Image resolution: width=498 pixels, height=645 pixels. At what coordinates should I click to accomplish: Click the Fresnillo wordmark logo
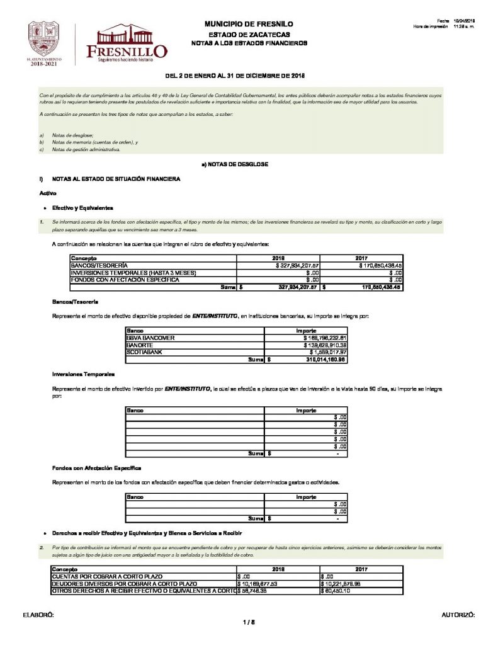132,45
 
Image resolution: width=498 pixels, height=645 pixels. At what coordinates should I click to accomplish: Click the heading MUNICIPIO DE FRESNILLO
249,24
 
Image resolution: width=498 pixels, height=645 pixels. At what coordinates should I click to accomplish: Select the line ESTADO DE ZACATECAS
249,33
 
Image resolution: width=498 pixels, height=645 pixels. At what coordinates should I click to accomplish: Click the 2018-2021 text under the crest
43,64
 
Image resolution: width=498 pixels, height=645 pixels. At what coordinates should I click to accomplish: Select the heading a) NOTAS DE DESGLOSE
235,164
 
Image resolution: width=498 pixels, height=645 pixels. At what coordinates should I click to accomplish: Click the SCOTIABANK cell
143,353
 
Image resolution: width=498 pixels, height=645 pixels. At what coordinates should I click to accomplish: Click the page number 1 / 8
249,622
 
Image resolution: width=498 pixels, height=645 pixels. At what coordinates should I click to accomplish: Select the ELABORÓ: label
38,614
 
